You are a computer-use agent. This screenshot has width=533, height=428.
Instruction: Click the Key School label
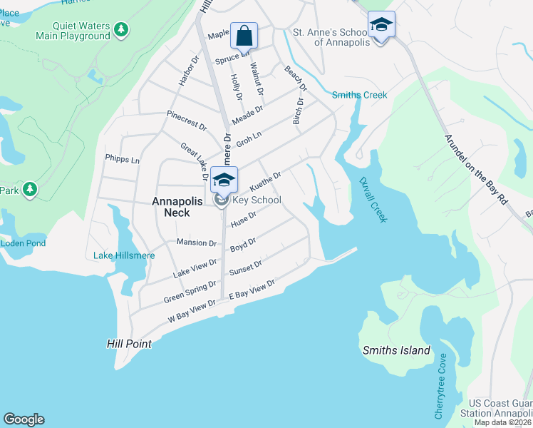coord(257,200)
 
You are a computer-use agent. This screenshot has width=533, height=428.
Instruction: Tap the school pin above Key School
coord(224,180)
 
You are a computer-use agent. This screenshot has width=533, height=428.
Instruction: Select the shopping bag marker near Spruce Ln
coord(244,36)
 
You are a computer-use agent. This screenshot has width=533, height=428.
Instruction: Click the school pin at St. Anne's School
coord(381,25)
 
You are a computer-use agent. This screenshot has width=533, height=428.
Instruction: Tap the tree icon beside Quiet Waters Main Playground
coord(121,29)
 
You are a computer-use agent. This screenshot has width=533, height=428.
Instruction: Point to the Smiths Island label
coord(396,350)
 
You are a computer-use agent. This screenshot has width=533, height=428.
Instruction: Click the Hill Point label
coord(129,344)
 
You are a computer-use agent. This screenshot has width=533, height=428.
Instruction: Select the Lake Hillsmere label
coord(122,255)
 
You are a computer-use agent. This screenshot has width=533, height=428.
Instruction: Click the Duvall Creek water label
coord(371,200)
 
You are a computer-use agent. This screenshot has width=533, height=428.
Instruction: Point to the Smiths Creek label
coord(360,95)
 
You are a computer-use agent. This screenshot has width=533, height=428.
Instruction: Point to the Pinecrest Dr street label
coord(186,120)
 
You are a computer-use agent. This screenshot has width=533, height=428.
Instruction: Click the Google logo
coord(24,419)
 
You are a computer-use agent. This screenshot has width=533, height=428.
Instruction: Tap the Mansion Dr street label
coord(196,243)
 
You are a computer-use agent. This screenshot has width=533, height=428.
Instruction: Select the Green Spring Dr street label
coord(190,291)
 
